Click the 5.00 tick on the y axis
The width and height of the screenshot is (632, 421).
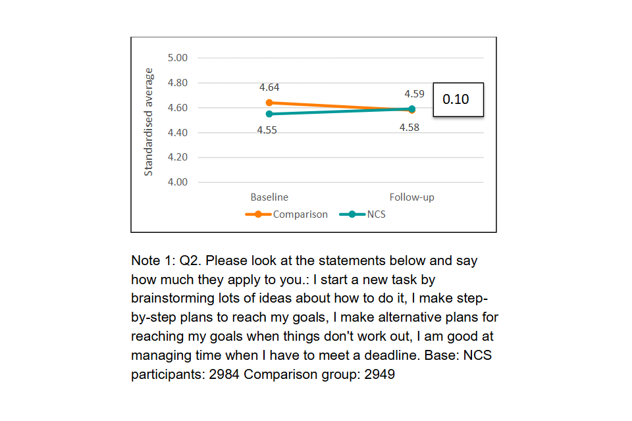point(178,58)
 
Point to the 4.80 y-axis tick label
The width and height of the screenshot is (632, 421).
point(178,83)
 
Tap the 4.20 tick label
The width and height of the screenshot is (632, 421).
point(178,157)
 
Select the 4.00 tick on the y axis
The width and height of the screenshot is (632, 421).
point(178,182)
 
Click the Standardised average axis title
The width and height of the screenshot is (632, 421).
point(149,122)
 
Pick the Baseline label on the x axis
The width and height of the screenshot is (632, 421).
point(269,197)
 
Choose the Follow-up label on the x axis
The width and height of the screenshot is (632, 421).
point(411,197)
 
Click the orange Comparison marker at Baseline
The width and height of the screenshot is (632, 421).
point(269,103)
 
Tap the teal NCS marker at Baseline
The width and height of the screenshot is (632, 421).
point(269,114)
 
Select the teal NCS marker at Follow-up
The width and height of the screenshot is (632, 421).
point(412,109)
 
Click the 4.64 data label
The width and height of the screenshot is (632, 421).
point(269,87)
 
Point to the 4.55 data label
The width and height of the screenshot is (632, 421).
point(267,130)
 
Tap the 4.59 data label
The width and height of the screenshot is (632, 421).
point(414,94)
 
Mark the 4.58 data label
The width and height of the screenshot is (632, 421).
point(409,128)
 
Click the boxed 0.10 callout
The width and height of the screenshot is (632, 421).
point(458,99)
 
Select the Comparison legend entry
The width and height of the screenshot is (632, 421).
point(300,214)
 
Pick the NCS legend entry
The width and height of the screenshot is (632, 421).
point(376,214)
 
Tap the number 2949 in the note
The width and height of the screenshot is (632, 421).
point(379,375)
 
